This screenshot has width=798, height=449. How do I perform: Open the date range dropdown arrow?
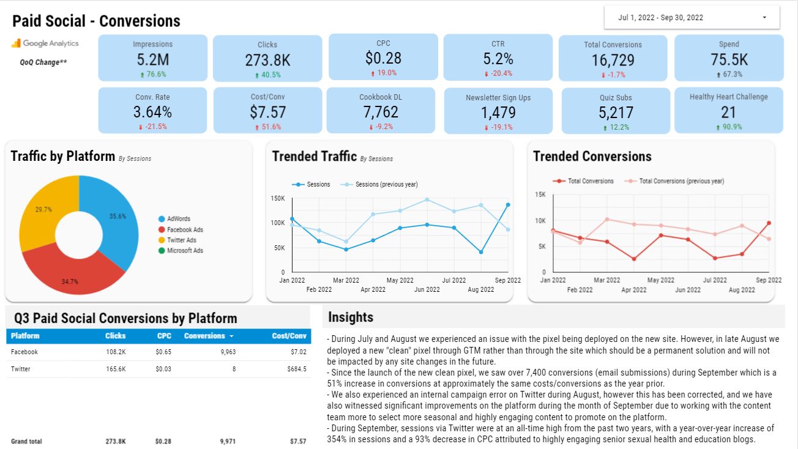tap(764, 18)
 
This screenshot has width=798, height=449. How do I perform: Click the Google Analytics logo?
tap(45, 43)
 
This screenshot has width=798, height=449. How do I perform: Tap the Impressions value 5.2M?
tap(153, 59)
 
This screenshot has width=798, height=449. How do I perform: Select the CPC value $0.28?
tap(383, 58)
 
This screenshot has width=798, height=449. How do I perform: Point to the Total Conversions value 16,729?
tap(613, 60)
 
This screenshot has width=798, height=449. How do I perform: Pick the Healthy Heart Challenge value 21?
tap(728, 113)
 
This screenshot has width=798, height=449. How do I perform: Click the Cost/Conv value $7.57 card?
tap(268, 110)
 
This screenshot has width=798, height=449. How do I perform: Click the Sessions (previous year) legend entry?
tap(379, 185)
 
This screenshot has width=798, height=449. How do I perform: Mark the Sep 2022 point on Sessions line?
tap(508, 205)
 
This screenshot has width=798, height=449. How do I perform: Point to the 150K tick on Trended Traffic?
tap(277, 198)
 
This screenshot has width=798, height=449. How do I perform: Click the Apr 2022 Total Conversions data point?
tap(634, 259)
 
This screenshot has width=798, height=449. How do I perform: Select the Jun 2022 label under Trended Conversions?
tap(688, 290)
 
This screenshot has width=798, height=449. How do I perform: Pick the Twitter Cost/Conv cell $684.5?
tap(297, 369)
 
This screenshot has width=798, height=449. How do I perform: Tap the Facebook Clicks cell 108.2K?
tap(116, 352)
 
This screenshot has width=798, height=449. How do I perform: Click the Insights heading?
tap(351, 317)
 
